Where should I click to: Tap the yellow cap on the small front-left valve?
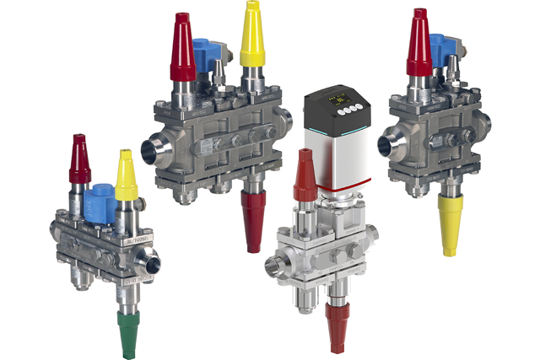pyautogui.click(x=125, y=175)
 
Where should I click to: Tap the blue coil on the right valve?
pyautogui.click(x=440, y=51)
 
